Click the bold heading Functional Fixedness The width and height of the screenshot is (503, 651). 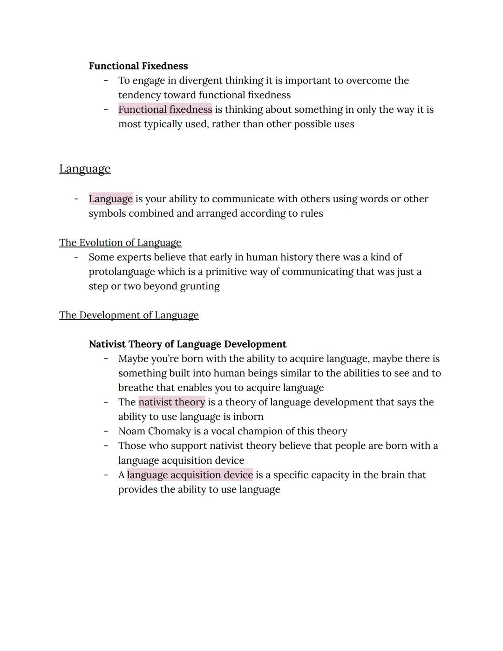coord(138,66)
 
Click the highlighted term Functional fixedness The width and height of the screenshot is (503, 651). coord(165,110)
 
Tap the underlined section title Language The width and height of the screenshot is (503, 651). coord(85,169)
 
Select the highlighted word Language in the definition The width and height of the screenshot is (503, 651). coord(111,199)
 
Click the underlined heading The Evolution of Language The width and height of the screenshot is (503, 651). coord(120,243)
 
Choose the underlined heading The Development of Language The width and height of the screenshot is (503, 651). coord(129,315)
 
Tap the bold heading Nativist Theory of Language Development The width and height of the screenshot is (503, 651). coord(187,344)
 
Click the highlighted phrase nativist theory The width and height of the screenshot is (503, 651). coord(172,402)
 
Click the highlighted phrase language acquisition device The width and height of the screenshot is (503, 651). coord(190,475)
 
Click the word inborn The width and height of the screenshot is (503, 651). coord(248,417)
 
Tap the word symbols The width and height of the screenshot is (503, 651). coord(107,213)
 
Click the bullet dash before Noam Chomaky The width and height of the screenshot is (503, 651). coord(106,432)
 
